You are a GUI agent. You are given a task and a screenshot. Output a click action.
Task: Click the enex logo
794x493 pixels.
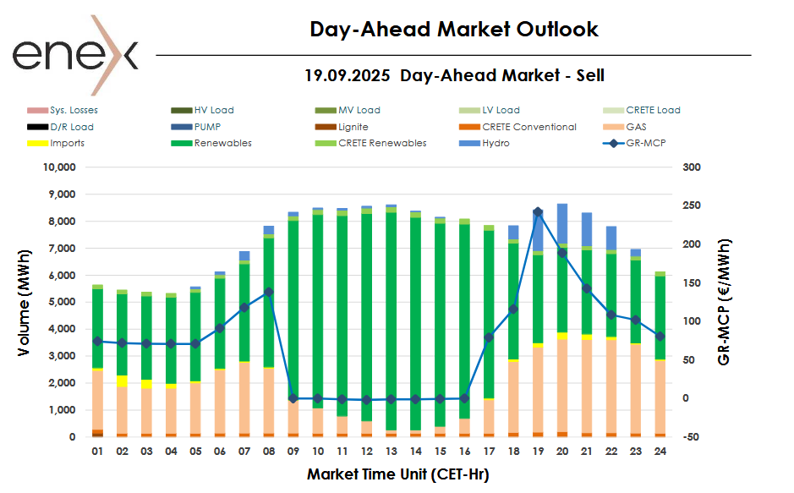coord(74,54)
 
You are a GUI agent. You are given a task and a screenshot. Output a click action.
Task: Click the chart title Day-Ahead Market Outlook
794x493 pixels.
coord(454,30)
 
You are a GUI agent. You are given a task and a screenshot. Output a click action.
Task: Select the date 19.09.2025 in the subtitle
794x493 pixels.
coord(348,75)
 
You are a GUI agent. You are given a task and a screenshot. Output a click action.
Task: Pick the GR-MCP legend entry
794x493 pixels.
coord(644,143)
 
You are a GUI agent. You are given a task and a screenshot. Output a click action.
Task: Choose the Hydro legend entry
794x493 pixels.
coord(496,143)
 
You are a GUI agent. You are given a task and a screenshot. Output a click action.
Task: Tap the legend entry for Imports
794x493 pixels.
coord(67,143)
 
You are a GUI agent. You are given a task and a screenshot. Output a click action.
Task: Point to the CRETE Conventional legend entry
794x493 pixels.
coord(528,127)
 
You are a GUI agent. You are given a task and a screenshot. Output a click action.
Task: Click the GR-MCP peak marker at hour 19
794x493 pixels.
coord(538,212)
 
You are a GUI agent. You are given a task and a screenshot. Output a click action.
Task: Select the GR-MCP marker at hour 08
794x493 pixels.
coord(269,292)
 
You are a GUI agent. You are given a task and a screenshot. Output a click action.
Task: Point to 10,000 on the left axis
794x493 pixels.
coord(60,167)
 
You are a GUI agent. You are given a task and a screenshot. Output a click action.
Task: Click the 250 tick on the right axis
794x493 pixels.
coord(692,205)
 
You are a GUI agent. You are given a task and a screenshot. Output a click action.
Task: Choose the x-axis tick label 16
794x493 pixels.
coord(464,452)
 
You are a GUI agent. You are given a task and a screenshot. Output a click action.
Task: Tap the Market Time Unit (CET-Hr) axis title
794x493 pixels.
coord(397,474)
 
